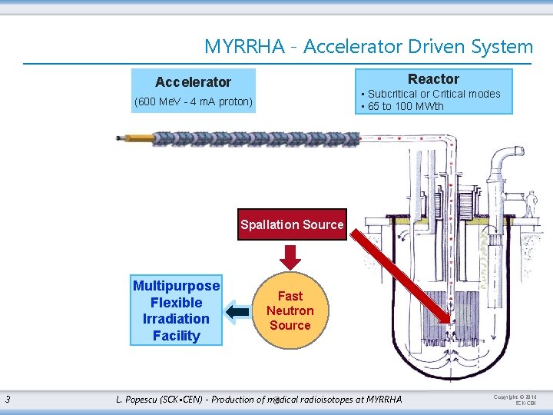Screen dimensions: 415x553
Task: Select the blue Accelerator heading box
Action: pyautogui.click(x=193, y=81)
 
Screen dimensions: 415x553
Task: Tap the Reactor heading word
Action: pyautogui.click(x=433, y=79)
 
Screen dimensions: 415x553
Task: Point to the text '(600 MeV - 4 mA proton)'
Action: pyautogui.click(x=194, y=101)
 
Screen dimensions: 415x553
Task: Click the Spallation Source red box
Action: pyautogui.click(x=292, y=224)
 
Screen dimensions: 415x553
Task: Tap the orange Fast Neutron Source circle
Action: pyautogui.click(x=290, y=310)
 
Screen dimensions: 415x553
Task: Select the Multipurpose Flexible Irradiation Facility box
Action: pyautogui.click(x=176, y=310)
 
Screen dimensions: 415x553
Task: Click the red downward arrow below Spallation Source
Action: pyautogui.click(x=290, y=257)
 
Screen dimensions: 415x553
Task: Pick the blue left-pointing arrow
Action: pyautogui.click(x=238, y=311)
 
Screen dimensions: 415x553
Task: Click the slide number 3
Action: pyautogui.click(x=7, y=399)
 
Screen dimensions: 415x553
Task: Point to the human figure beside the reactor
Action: pyautogui.click(x=530, y=204)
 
